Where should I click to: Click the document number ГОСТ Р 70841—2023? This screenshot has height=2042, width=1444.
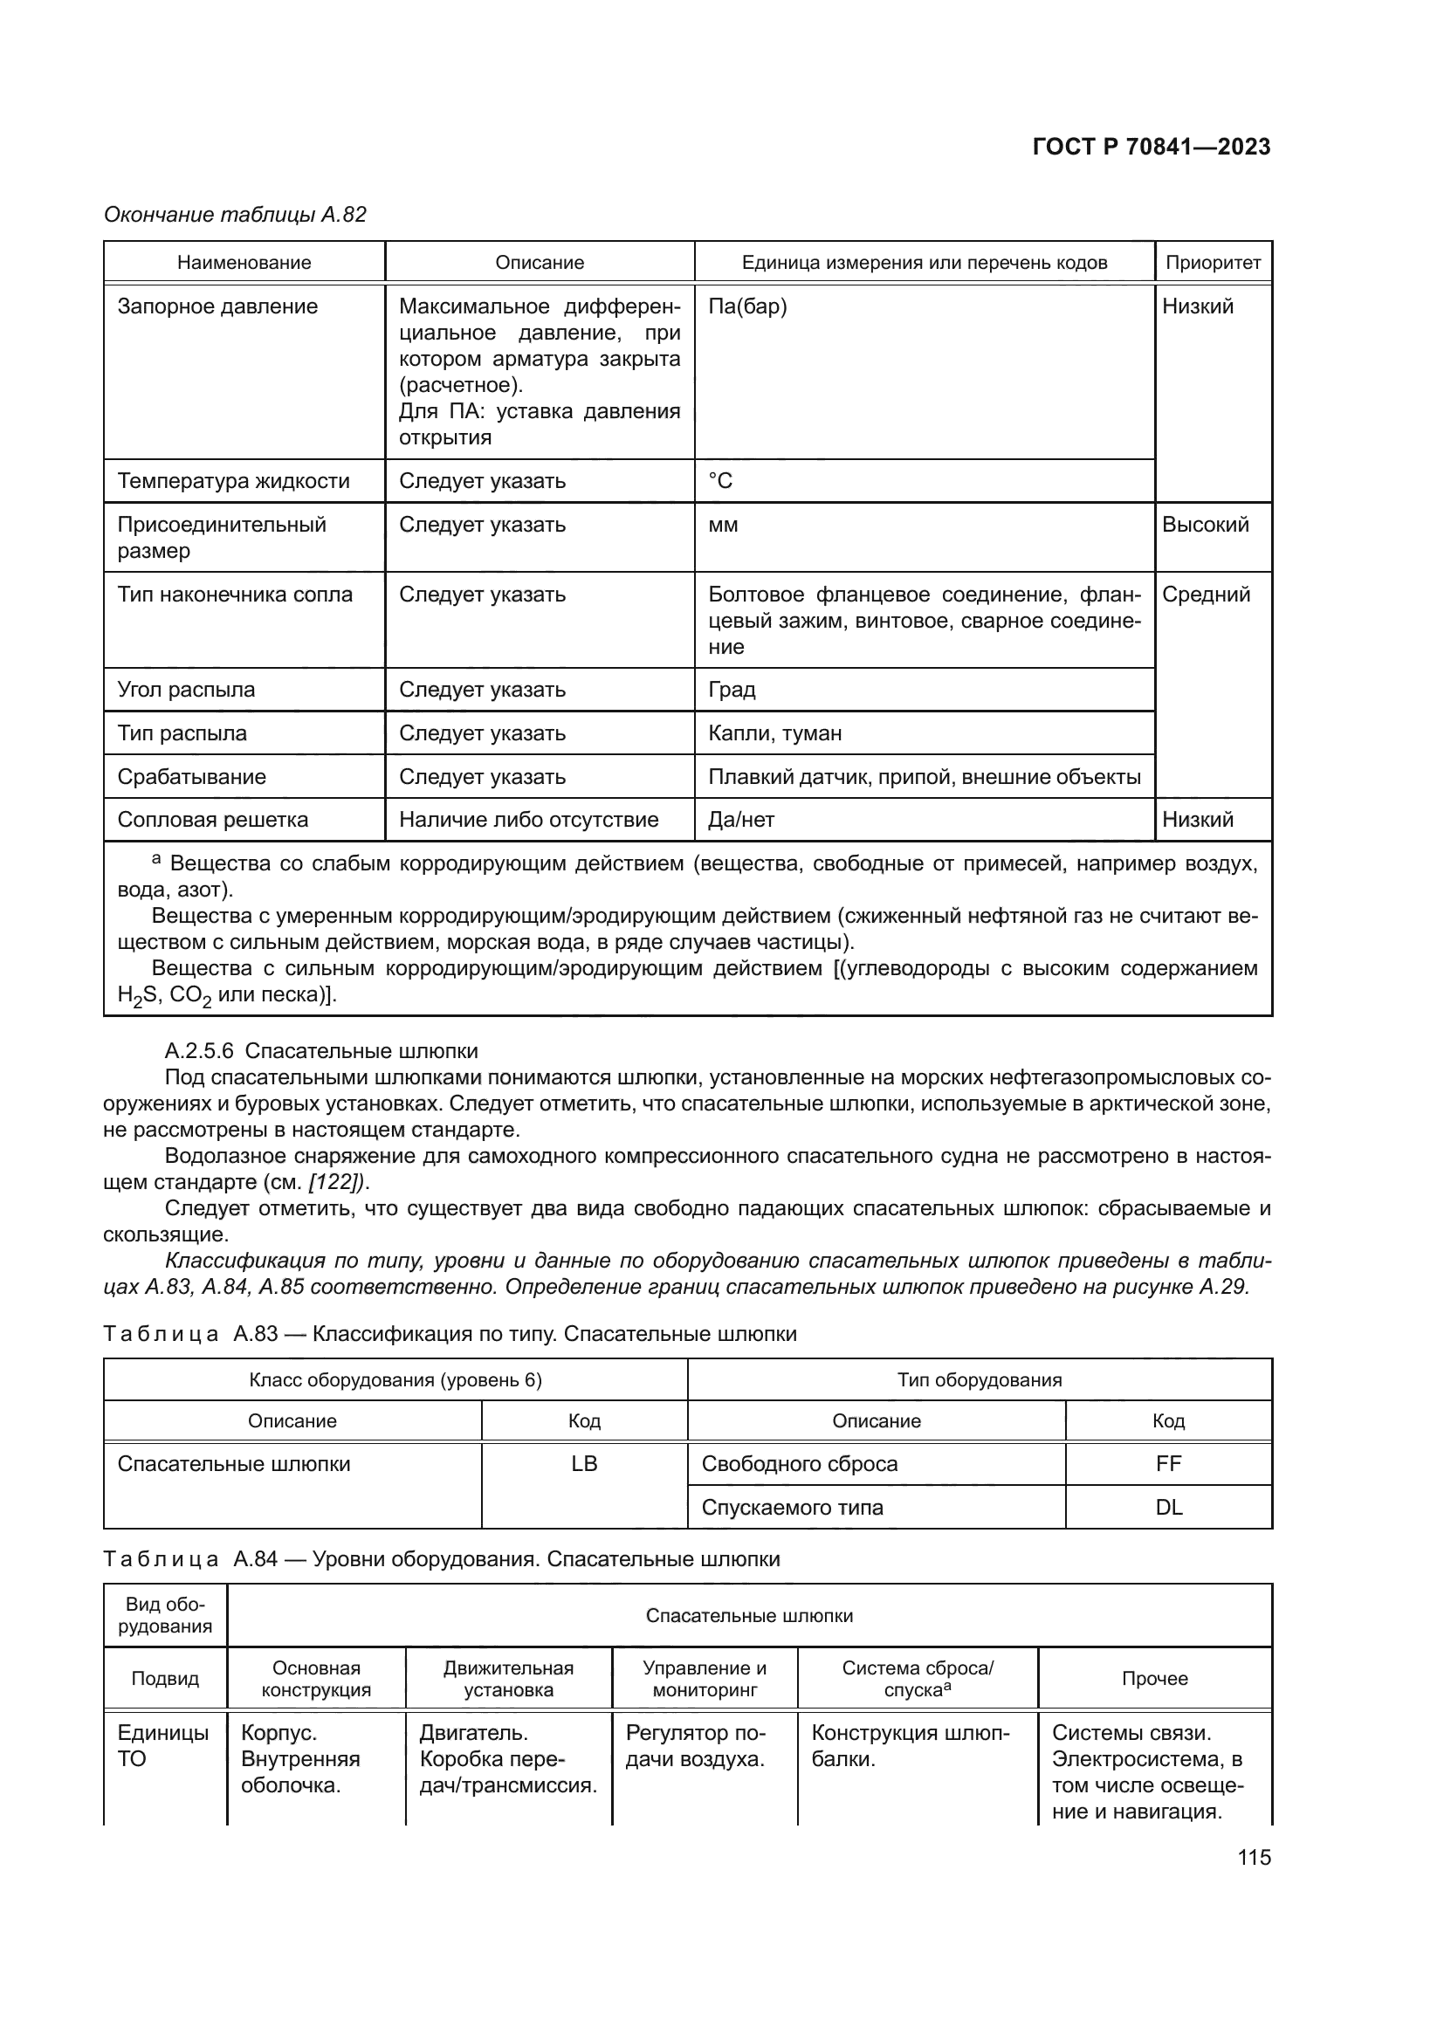point(1151,147)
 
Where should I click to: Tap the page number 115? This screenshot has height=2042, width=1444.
point(1254,1857)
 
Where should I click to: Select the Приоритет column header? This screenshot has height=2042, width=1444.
point(1213,263)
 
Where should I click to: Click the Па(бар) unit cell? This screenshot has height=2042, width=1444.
point(748,306)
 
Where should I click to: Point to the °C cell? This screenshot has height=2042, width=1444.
point(720,481)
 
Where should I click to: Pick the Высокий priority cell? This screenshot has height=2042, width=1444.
point(1205,525)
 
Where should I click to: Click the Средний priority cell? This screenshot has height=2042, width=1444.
point(1206,595)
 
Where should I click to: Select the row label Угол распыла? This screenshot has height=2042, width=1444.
point(186,690)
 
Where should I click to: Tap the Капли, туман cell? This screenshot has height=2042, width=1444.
point(774,732)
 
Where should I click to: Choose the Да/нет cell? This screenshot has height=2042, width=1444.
point(740,819)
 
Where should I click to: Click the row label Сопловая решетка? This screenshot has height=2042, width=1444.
point(212,819)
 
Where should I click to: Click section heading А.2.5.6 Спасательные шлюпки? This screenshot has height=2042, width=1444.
point(321,1051)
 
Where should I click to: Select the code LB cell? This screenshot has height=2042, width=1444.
point(584,1463)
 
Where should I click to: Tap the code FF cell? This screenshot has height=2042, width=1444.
point(1168,1463)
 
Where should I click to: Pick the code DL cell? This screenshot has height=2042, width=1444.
point(1168,1508)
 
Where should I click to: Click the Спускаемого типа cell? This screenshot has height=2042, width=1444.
point(792,1508)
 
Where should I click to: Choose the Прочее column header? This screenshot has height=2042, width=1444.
point(1154,1678)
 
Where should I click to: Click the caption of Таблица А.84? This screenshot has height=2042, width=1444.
point(441,1558)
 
